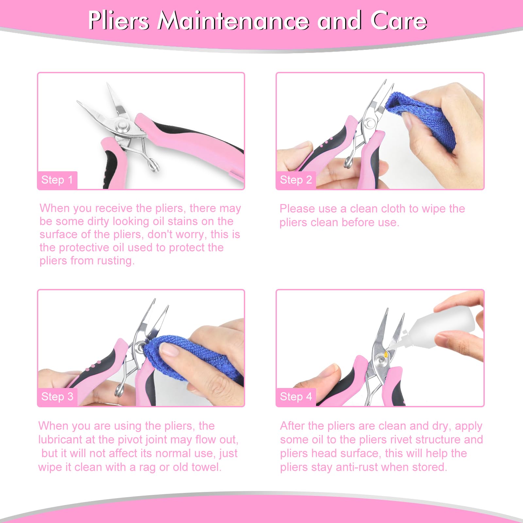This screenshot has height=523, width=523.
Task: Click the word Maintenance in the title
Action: pyautogui.click(x=233, y=21)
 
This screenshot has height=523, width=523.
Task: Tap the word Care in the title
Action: pyautogui.click(x=398, y=21)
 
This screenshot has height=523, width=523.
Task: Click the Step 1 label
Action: pyautogui.click(x=57, y=180)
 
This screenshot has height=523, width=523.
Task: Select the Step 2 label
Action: pyautogui.click(x=296, y=180)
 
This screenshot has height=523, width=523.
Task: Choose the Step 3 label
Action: pyautogui.click(x=57, y=396)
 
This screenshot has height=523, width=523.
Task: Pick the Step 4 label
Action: pyautogui.click(x=296, y=396)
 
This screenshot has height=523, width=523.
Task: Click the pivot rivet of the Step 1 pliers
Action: pyautogui.click(x=123, y=125)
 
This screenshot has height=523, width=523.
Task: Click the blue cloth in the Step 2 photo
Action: pyautogui.click(x=422, y=121)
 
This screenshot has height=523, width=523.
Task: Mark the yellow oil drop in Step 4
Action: pyautogui.click(x=386, y=354)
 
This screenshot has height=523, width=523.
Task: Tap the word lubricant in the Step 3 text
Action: pyautogui.click(x=60, y=440)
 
